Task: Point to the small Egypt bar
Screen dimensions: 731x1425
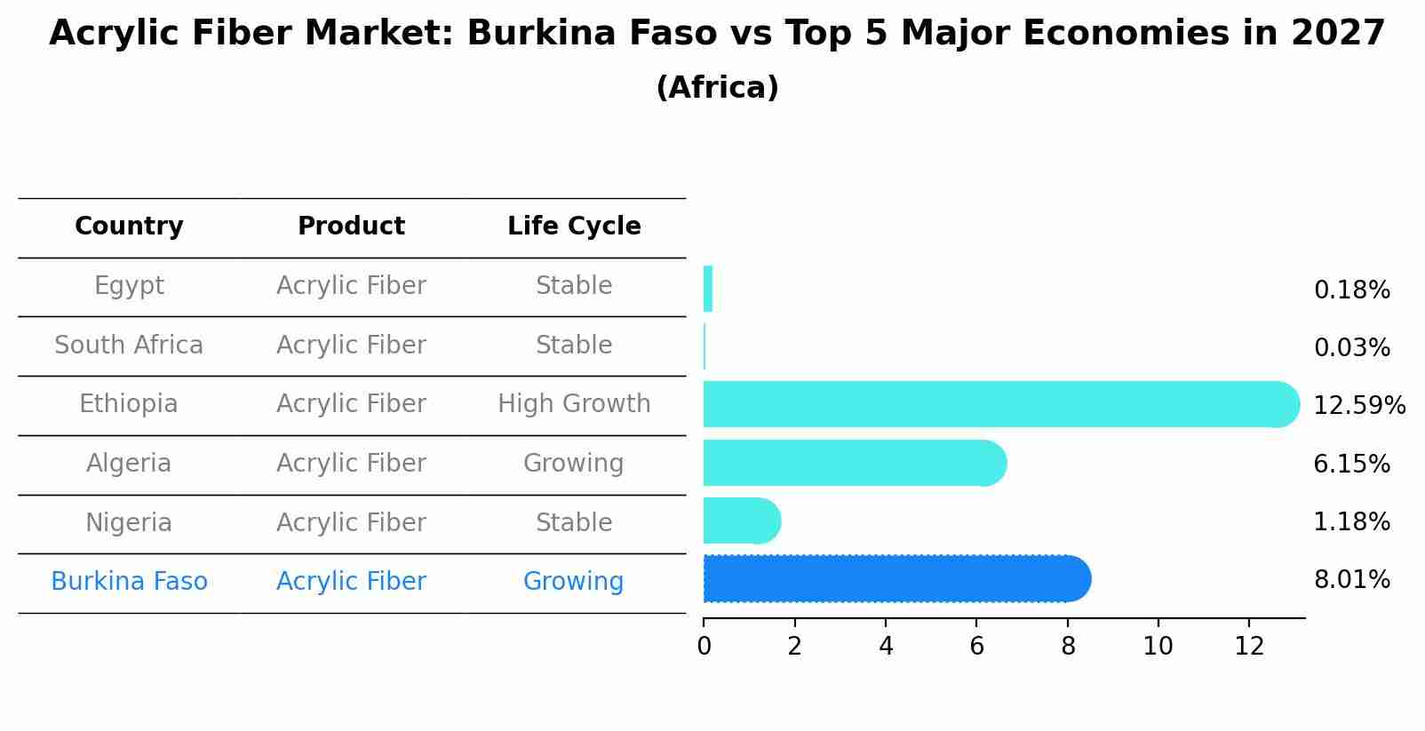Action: pyautogui.click(x=708, y=289)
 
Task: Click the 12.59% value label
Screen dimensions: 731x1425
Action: pyautogui.click(x=1358, y=406)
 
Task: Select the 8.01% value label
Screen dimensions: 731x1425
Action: pyautogui.click(x=1351, y=580)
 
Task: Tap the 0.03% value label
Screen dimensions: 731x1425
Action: pyautogui.click(x=1351, y=348)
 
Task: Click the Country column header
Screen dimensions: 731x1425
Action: pyautogui.click(x=129, y=226)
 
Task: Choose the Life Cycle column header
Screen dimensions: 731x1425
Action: pyautogui.click(x=574, y=226)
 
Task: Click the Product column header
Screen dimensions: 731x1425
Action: pyautogui.click(x=351, y=226)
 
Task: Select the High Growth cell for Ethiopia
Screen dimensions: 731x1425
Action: pyautogui.click(x=574, y=404)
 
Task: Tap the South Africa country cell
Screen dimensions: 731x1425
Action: pyautogui.click(x=129, y=346)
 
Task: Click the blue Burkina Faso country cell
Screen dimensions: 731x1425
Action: pyautogui.click(x=129, y=582)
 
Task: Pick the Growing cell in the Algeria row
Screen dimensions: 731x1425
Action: pyautogui.click(x=574, y=464)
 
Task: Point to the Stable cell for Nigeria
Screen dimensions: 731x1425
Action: pyautogui.click(x=574, y=523)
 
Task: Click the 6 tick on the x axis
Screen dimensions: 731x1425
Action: pyautogui.click(x=976, y=646)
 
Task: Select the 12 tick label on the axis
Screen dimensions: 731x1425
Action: pyautogui.click(x=1249, y=646)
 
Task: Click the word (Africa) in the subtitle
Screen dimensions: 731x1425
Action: pyautogui.click(x=717, y=88)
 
